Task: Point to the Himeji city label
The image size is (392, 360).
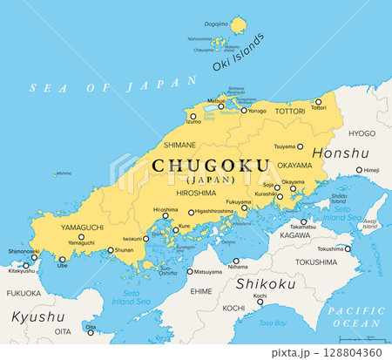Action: [371, 170]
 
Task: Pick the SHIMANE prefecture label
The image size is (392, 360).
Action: [179, 146]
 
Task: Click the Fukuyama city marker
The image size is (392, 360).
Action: [245, 208]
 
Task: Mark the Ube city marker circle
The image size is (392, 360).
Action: [63, 258]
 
